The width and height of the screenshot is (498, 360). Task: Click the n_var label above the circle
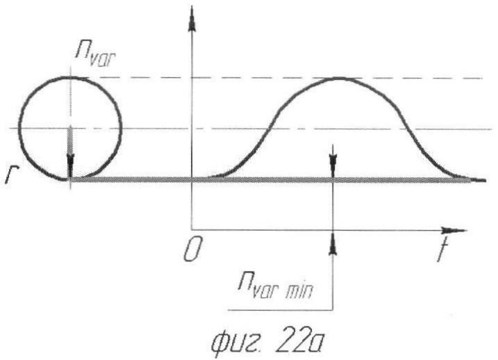pos(96,55)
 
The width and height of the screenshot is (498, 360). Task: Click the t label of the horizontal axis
pos(442,250)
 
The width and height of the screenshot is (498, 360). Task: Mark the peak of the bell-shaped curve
pos(338,78)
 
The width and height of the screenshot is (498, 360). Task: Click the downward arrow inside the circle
pos(70,152)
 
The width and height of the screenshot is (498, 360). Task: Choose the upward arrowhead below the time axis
pos(333,243)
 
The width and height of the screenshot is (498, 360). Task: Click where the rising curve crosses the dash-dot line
pos(269,129)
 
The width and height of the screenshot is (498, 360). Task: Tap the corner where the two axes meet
pos(191,229)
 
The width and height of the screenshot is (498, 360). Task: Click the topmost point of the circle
pos(71,77)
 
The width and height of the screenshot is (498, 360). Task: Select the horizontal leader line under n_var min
pos(281,310)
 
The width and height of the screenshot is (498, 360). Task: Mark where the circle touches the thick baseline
pos(71,179)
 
